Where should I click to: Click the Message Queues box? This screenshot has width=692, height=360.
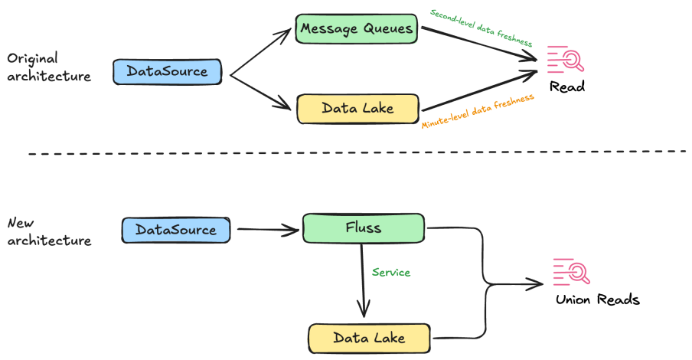[x=357, y=30]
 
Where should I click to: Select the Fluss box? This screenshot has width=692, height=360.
[x=363, y=228]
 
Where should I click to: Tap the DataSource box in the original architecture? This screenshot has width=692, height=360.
[x=167, y=71]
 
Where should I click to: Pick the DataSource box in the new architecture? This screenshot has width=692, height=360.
[x=175, y=229]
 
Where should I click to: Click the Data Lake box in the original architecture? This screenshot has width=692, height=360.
[x=357, y=108]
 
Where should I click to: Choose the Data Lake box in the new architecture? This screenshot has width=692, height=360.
[x=369, y=338]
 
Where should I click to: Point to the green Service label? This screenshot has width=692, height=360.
[x=391, y=272]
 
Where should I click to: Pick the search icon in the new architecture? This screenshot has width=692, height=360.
[x=571, y=273]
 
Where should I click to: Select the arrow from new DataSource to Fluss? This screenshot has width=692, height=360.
[x=268, y=228]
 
